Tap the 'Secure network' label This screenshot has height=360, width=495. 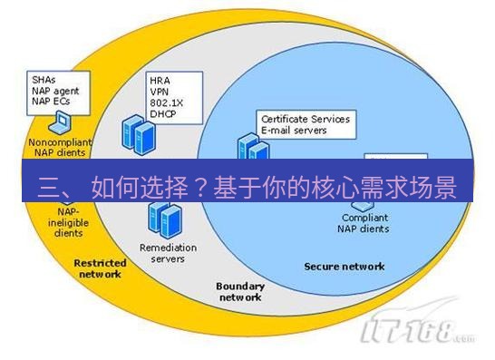344,267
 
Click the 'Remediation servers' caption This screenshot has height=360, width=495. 161,252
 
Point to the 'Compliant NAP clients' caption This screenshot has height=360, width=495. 365,223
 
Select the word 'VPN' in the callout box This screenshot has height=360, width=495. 160,92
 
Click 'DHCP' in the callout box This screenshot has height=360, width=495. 162,115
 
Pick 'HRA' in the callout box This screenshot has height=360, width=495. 160,80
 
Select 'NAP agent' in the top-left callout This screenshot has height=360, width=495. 53,92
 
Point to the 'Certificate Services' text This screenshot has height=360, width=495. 305,119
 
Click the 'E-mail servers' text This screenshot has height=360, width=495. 295,131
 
